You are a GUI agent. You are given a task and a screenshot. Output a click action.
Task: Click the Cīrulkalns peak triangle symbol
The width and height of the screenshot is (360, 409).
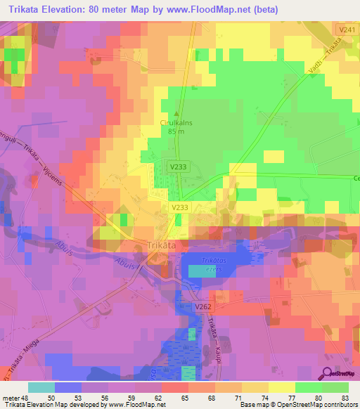coord(176,113)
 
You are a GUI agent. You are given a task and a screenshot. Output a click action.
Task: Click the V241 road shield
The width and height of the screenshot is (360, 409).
coord(346,30)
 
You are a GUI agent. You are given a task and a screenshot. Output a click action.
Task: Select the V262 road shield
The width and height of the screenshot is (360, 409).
coord(203,308)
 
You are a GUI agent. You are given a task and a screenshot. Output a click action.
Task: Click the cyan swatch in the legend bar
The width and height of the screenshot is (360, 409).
coord(41,387)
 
